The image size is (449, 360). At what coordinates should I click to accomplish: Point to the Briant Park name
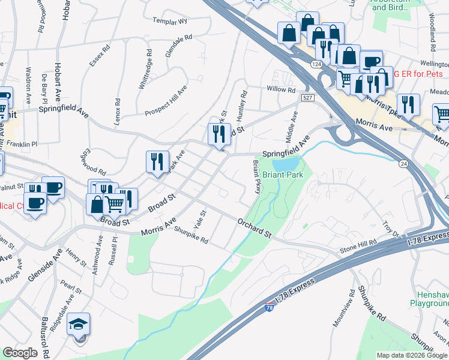283,175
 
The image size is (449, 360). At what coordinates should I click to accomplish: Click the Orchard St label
255,229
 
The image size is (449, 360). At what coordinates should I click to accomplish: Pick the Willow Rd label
282,90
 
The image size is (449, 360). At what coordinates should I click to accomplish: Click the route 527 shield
307,97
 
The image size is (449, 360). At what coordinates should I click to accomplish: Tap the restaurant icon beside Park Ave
157,162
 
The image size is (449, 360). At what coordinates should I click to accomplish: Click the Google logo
20,353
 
